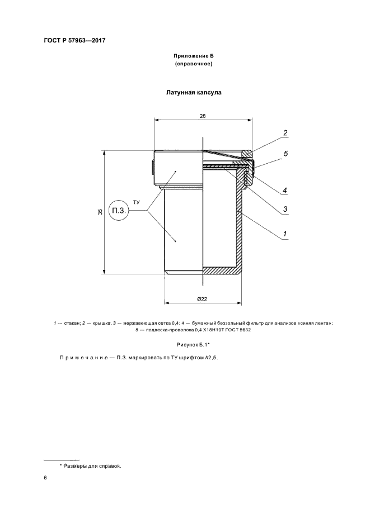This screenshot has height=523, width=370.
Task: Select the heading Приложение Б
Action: point(193,58)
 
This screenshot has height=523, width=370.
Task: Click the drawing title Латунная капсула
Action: point(193,93)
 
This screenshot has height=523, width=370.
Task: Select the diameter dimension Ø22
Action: point(203,299)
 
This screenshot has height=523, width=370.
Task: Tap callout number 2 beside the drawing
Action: point(285,133)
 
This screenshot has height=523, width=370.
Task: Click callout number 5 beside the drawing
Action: point(285,153)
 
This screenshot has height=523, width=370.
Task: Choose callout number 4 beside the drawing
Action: point(285,191)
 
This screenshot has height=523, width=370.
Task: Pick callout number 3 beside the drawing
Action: point(285,210)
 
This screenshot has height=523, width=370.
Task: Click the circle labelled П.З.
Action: point(119,211)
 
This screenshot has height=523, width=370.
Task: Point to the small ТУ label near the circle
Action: point(137,201)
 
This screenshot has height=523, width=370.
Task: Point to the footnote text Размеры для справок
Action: point(92,465)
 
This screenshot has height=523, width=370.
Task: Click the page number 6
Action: point(45,479)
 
